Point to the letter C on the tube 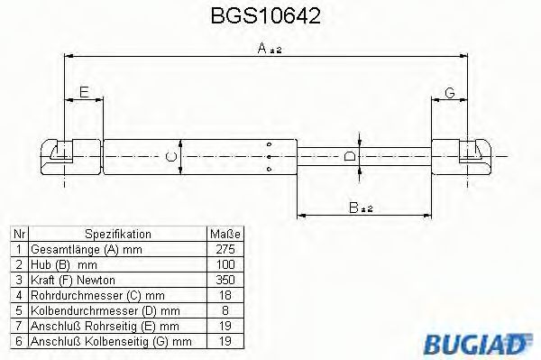click(x=172, y=156)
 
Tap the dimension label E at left click(x=83, y=93)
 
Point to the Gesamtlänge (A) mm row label click(x=86, y=247)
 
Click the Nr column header click(x=19, y=232)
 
